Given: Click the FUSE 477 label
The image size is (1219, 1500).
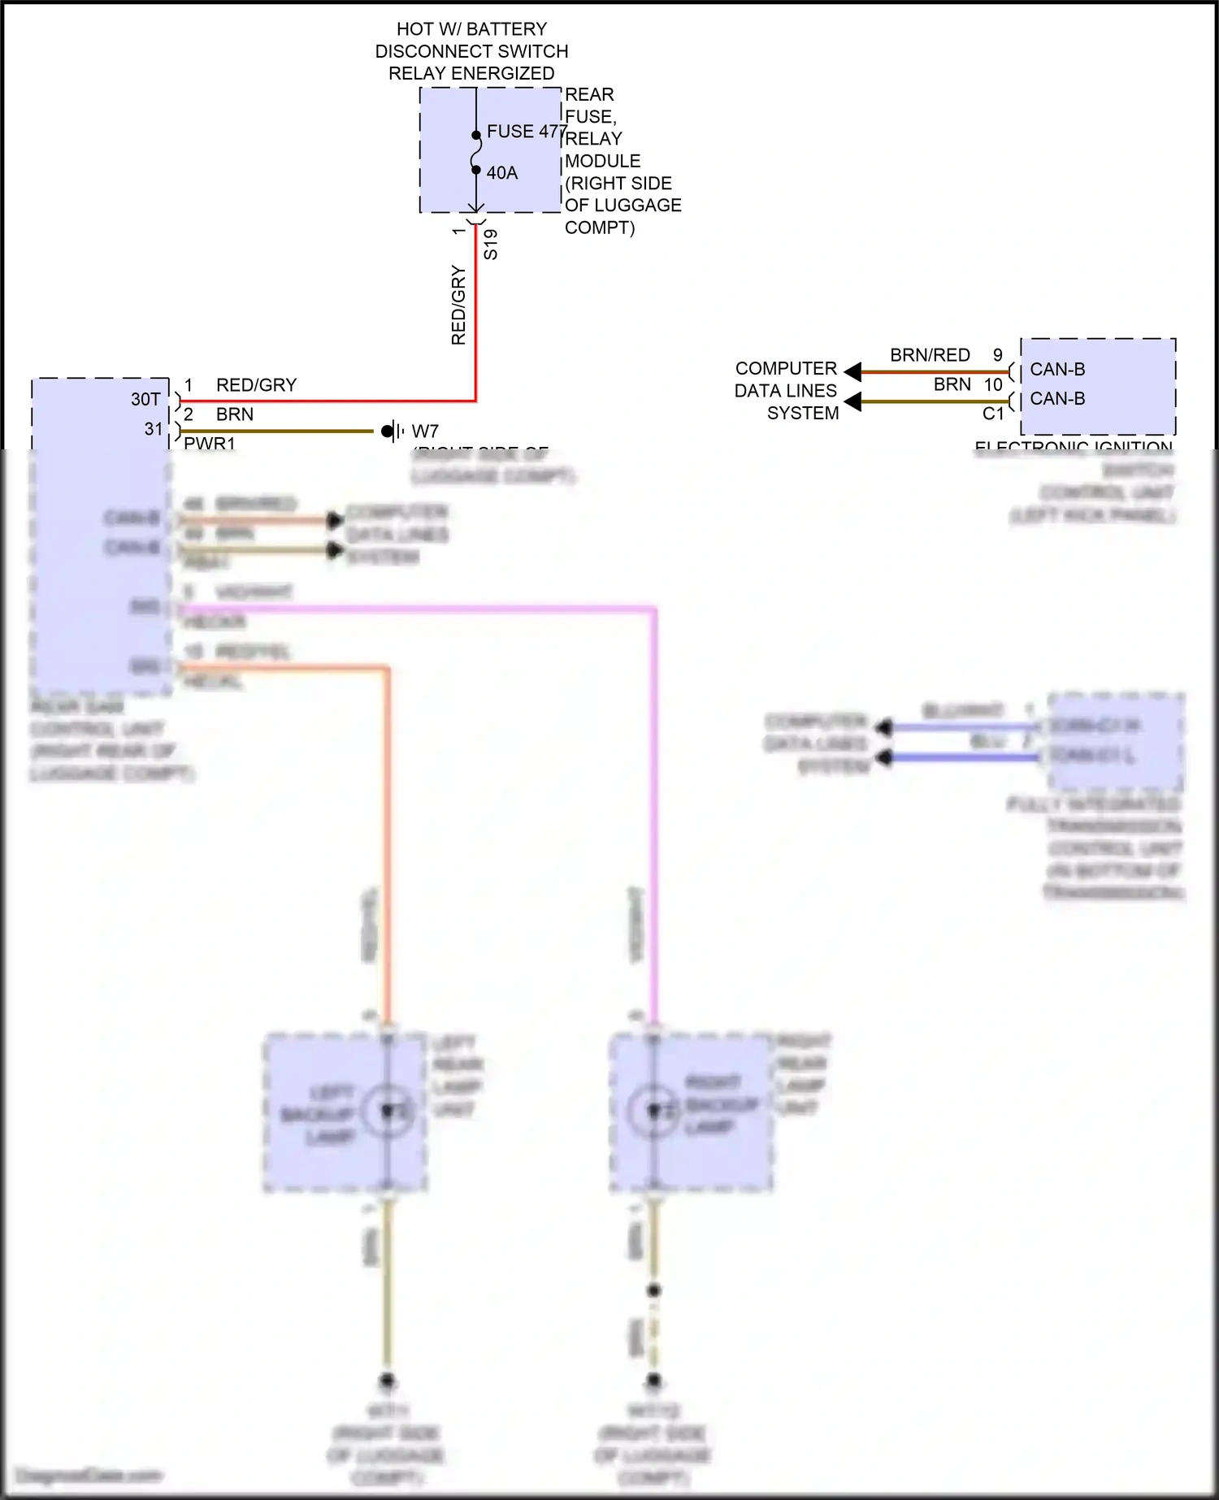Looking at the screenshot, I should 526,132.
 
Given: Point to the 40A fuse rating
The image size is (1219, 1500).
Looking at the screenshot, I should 502,173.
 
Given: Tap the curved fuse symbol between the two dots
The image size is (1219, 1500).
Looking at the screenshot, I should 476,153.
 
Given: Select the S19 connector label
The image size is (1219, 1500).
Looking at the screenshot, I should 490,245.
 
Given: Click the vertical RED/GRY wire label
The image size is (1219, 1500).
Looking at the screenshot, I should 458,306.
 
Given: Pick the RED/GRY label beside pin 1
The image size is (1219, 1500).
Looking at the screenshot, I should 256,385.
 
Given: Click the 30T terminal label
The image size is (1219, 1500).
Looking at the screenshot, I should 145,400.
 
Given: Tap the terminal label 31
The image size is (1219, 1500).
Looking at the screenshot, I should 154,429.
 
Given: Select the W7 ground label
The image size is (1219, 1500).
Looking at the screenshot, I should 425,431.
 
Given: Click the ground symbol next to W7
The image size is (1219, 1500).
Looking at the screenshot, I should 392,431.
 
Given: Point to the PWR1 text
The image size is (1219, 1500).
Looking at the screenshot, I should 210,444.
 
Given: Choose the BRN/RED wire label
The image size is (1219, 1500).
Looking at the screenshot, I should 930,356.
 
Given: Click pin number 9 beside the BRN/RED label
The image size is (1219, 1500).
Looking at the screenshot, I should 998,356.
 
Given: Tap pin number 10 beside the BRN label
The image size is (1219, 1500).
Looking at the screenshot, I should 993,385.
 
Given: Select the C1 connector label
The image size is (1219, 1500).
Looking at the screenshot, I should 993,414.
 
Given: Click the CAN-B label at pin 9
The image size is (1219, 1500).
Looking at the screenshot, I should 1057,370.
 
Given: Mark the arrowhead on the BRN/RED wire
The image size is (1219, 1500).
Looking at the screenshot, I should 852,372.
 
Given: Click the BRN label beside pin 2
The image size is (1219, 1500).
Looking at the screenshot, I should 235,414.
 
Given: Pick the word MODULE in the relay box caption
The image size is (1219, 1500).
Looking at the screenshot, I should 602,161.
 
